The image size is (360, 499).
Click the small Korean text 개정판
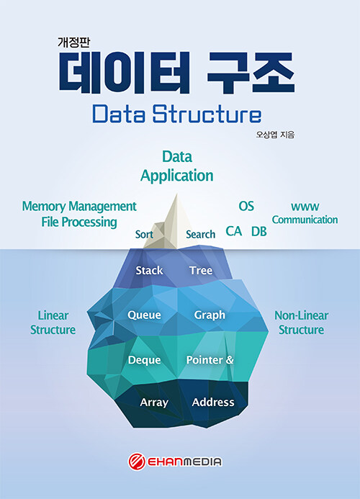coord(73,42)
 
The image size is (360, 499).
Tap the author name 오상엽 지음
coord(275,135)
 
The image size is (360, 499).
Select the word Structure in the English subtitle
coord(207,114)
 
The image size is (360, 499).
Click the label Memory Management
coord(79,207)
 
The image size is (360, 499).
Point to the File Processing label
coord(79,222)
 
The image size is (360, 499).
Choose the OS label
coord(246,206)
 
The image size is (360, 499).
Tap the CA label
coord(233,231)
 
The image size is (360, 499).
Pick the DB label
coord(258,231)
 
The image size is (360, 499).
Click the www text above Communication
coord(305,207)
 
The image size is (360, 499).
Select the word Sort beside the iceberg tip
coord(144,234)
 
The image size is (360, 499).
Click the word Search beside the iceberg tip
coord(201,234)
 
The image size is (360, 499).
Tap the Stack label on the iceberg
coord(149,270)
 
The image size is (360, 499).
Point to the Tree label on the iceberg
coord(201,270)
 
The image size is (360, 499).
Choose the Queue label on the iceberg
coord(144,315)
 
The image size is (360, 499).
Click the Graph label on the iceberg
coord(210,315)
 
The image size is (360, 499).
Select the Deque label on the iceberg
coord(144,360)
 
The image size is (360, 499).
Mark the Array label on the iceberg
coord(154,403)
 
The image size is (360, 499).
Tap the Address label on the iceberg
coord(213,403)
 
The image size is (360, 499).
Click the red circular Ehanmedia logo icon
coord(137,462)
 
